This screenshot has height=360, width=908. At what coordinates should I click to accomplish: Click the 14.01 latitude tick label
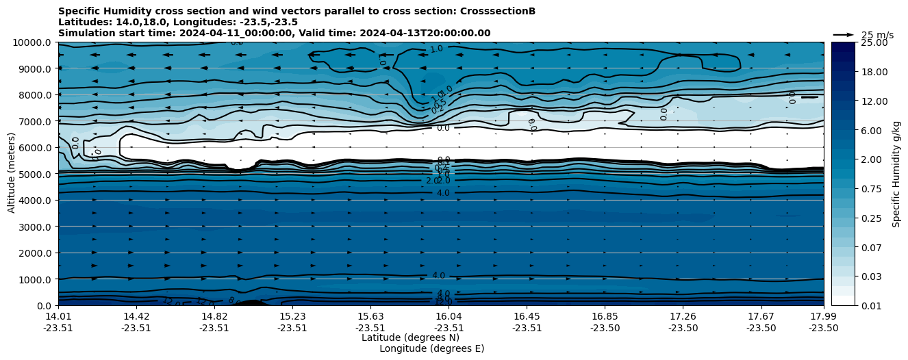(58, 317)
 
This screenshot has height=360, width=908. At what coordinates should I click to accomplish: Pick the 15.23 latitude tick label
(292, 317)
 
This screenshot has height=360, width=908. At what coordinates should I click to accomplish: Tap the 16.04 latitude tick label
(449, 317)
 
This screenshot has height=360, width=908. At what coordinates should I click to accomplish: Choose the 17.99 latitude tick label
(823, 317)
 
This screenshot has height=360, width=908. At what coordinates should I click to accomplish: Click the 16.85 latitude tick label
(605, 317)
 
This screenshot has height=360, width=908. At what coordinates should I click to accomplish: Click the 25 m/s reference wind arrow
(844, 35)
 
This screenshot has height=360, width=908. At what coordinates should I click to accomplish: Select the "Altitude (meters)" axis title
(12, 174)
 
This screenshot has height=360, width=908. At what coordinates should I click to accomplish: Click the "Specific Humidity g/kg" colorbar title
(896, 174)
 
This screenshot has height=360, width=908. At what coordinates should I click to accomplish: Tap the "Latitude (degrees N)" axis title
(410, 337)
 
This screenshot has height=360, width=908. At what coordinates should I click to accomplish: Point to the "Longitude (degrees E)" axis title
(431, 348)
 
